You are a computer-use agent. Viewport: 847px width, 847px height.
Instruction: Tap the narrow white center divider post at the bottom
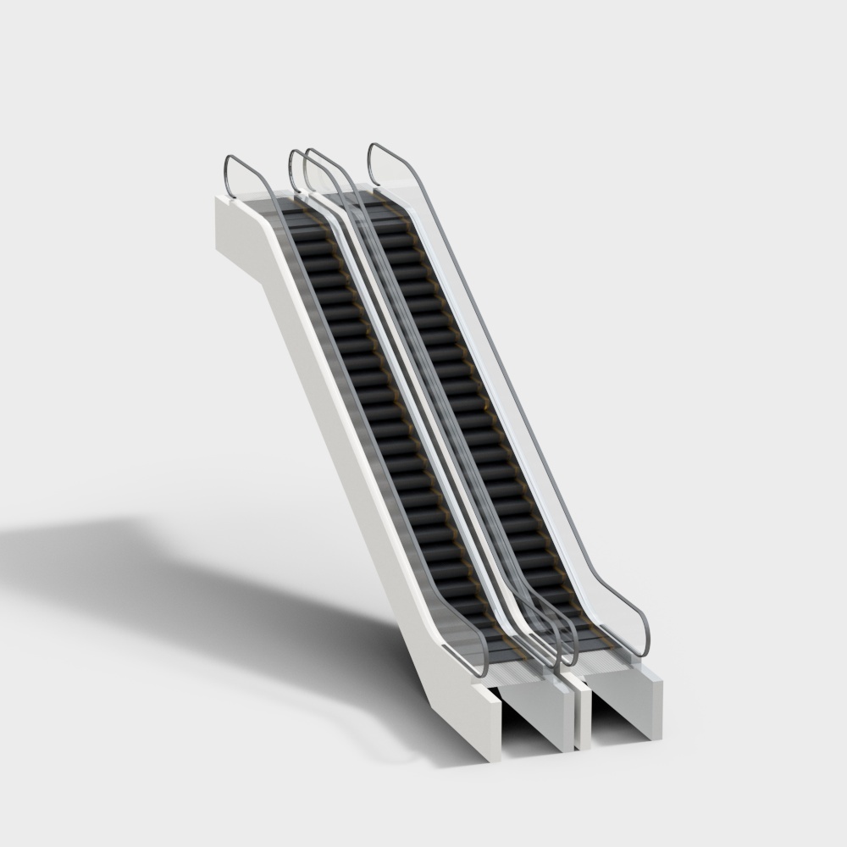point(582,711)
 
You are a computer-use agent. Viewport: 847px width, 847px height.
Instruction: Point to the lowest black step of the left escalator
point(503,647)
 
